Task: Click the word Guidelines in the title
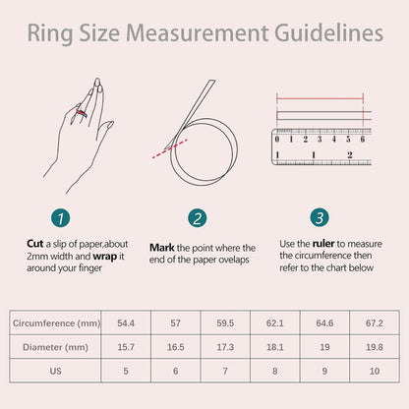tap(328, 34)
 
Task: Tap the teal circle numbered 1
tap(61, 218)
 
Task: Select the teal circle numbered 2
tap(198, 218)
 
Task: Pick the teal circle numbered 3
tap(320, 217)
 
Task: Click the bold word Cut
tap(35, 244)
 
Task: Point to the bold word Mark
tap(162, 248)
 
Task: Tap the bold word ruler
tap(323, 244)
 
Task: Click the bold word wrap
tap(105, 257)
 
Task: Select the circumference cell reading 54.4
tap(126, 323)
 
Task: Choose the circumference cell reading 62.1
tap(275, 323)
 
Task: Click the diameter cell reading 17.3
tap(225, 347)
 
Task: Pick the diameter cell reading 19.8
tap(375, 347)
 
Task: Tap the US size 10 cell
tap(375, 371)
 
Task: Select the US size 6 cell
tap(176, 371)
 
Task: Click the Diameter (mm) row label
tap(55, 347)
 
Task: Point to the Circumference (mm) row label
tap(56, 323)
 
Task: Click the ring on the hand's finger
tap(82, 113)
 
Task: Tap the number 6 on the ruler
tap(363, 140)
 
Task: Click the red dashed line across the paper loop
tap(169, 148)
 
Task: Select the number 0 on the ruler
tap(277, 140)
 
